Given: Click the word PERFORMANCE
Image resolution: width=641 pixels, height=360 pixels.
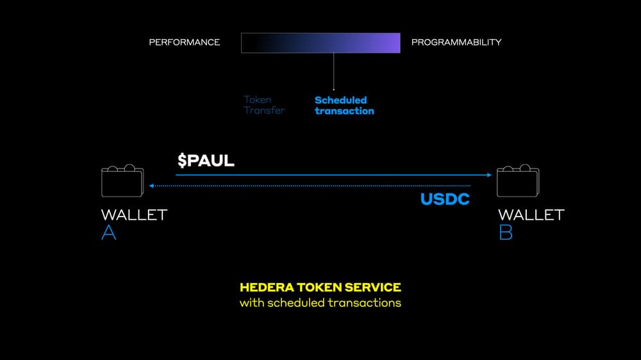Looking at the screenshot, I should (x=184, y=42).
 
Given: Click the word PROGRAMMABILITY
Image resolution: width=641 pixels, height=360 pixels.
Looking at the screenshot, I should (x=456, y=42).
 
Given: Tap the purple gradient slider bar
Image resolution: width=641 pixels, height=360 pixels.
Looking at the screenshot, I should (x=320, y=43).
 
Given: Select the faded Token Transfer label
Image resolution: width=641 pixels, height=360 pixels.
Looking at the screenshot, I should (x=263, y=105).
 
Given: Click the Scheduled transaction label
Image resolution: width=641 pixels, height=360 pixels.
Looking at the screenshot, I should (x=344, y=105).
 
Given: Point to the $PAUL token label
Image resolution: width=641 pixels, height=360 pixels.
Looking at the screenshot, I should (x=206, y=160).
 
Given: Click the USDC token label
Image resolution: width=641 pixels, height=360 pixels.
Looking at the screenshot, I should (x=445, y=199).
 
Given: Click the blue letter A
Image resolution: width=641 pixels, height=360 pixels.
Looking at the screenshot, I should (x=109, y=233).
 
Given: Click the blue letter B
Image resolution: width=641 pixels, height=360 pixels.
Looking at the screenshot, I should (x=505, y=233).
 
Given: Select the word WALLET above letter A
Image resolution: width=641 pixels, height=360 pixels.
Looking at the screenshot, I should (x=134, y=215).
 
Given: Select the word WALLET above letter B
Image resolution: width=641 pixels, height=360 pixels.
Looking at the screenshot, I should (x=531, y=215).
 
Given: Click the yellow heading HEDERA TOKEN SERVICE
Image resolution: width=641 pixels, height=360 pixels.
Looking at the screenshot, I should (x=320, y=288).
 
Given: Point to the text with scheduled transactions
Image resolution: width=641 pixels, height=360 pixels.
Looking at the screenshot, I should (x=320, y=302).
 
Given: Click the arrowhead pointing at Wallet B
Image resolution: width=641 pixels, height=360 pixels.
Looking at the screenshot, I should (x=488, y=175).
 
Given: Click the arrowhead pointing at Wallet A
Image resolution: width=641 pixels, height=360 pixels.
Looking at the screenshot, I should (x=151, y=186).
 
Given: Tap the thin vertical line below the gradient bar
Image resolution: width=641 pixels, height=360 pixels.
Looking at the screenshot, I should (x=334, y=70).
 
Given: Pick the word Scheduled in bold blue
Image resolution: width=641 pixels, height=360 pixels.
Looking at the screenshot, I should (x=340, y=100).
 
